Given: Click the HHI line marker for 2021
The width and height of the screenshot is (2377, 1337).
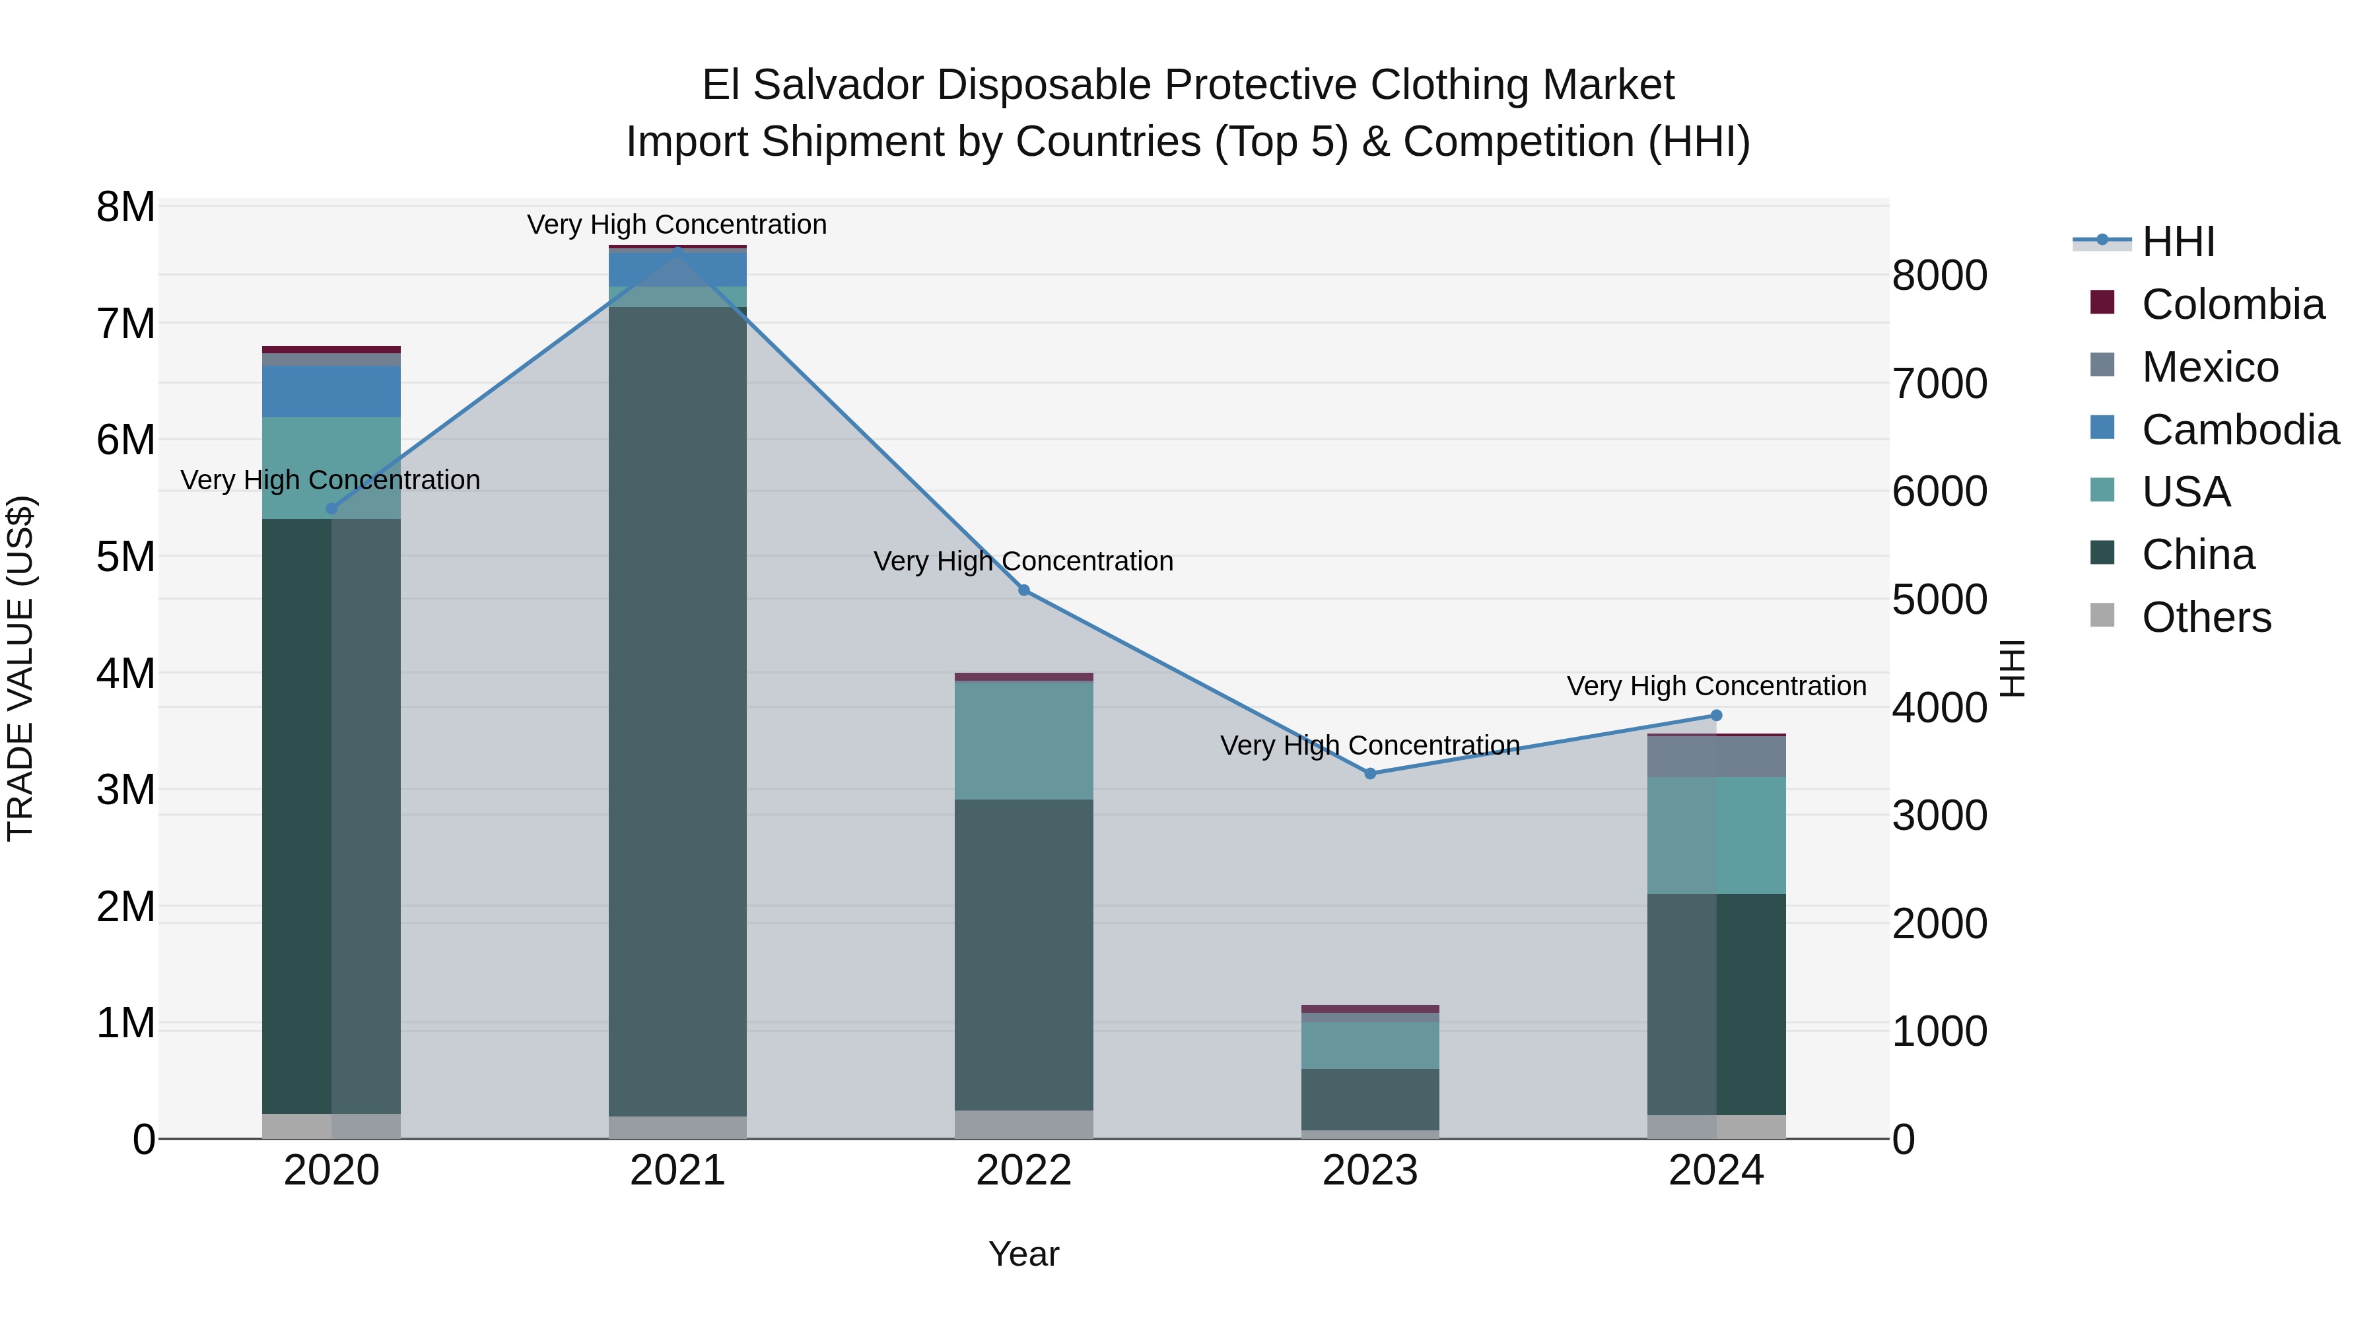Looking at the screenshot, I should [677, 250].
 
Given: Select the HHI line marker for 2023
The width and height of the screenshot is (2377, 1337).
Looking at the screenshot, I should [1369, 773].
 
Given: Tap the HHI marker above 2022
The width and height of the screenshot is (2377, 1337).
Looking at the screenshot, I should [1023, 590].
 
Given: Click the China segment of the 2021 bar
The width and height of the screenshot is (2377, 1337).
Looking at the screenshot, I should [677, 710].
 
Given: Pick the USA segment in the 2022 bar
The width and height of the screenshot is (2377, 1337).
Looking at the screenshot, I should [1023, 740].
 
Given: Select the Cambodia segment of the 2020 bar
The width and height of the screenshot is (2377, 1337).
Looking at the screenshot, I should [331, 392].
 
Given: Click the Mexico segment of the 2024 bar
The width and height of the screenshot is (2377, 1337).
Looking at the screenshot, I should [1715, 756].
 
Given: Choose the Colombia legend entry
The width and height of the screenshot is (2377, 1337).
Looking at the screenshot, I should [2232, 304].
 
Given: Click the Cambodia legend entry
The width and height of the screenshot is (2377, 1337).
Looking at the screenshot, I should [2240, 430].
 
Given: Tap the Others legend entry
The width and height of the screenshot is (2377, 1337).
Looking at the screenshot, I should [2205, 617].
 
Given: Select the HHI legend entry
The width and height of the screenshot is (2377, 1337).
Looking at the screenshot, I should [2178, 242].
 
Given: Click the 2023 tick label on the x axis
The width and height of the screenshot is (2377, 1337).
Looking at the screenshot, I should [1369, 1170].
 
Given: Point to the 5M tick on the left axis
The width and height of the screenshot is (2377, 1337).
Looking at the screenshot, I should [125, 557].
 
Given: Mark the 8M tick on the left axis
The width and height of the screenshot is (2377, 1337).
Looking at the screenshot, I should [125, 207].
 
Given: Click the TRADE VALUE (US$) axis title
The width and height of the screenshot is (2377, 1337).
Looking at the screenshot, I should [21, 668].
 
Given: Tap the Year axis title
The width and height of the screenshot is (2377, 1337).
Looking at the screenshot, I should [1023, 1254].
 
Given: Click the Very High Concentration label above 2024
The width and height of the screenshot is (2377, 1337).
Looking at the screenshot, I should [1715, 687].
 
